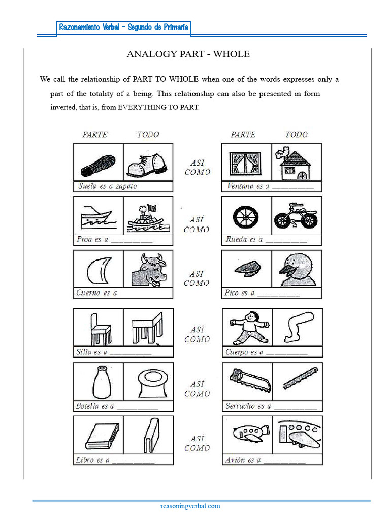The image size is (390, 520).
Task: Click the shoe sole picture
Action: click(98, 164)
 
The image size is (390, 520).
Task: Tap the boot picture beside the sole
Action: click(147, 164)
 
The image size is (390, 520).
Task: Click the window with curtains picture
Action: click(245, 164)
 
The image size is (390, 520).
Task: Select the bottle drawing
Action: click(102, 382)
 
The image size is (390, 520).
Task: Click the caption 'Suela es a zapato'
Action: click(107, 186)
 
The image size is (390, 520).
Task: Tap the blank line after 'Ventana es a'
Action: click(293, 187)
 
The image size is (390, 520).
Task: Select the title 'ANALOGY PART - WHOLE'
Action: click(188, 54)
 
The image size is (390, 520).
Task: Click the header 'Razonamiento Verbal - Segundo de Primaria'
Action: click(124, 27)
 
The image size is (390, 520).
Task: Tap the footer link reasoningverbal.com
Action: click(190, 506)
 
